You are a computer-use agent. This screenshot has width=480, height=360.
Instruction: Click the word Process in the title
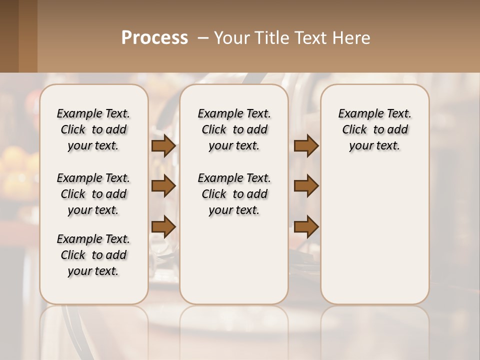point(154,38)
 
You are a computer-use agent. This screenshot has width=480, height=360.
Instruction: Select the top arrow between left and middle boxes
point(163,146)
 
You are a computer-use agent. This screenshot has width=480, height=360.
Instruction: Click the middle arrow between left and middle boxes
point(163,186)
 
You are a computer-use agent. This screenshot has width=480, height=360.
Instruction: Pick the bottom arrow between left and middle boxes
point(163,227)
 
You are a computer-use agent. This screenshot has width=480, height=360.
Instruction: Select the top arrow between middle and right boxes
point(306,146)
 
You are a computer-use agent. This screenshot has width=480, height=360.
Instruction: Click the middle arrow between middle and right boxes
point(306,186)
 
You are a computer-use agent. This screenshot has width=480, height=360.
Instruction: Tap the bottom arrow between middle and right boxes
point(306,227)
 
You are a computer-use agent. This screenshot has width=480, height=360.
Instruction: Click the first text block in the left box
point(93,129)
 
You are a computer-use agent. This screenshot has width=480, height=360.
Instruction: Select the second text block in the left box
point(93,194)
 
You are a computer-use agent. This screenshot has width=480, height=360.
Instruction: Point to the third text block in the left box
point(93,255)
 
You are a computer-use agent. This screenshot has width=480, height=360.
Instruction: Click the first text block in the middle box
point(234,129)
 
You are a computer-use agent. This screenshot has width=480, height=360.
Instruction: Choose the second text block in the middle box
point(234,194)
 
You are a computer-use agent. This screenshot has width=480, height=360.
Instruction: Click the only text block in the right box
point(374,129)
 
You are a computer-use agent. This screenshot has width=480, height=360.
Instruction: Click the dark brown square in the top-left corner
point(9,36)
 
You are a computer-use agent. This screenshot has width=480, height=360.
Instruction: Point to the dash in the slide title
point(202,38)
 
